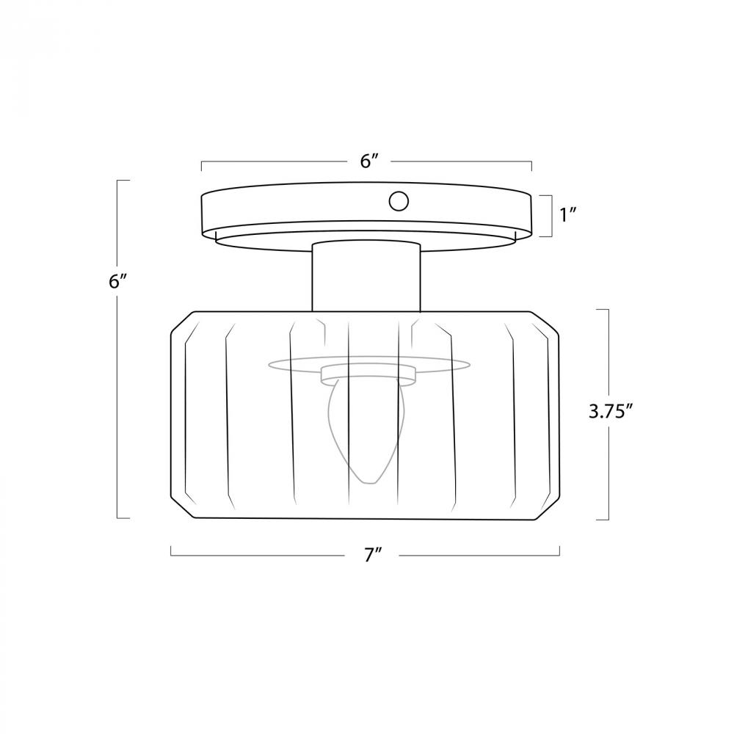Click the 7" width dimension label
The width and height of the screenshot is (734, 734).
click(x=373, y=555)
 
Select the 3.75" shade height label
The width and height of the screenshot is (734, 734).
click(x=611, y=412)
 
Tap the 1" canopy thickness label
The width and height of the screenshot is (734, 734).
click(x=567, y=215)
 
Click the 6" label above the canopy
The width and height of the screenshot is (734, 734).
click(x=369, y=161)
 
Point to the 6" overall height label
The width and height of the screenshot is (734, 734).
click(x=117, y=282)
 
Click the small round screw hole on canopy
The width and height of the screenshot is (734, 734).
click(x=399, y=201)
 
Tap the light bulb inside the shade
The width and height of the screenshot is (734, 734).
click(x=367, y=431)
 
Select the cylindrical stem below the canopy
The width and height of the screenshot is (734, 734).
click(x=366, y=276)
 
